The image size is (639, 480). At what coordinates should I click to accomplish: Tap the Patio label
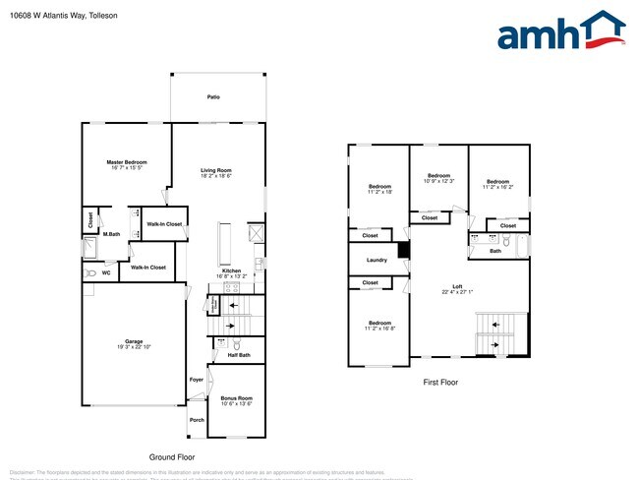[213, 97]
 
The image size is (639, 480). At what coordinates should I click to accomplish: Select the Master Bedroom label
[127, 161]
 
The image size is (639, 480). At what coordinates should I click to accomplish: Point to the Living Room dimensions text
[215, 176]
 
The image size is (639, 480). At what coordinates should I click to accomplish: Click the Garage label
[134, 341]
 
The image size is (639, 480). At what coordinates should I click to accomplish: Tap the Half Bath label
[237, 355]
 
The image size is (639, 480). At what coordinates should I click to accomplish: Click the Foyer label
[196, 379]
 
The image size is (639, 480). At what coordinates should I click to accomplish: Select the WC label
[106, 272]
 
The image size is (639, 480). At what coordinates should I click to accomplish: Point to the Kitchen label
[231, 270]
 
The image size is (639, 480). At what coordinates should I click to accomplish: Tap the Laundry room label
[376, 260]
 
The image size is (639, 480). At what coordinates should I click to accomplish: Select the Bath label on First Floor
[495, 251]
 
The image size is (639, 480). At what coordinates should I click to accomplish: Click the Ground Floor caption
[172, 457]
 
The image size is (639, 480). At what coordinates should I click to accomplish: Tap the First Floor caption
[439, 383]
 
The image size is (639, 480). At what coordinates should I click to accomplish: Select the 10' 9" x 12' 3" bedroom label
[438, 178]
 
